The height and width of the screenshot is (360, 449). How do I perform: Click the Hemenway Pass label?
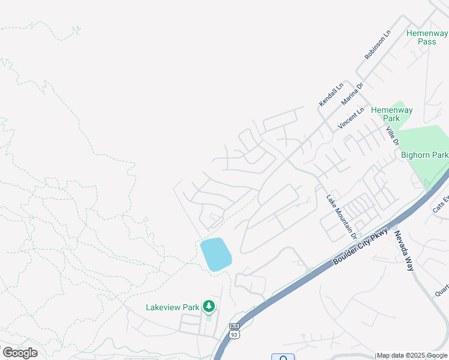[427, 37]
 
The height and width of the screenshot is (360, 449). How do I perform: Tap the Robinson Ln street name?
[378, 45]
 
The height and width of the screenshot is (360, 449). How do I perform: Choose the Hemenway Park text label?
[391, 114]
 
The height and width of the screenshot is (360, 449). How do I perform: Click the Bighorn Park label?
[424, 155]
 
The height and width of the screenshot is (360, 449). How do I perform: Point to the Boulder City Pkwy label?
[361, 246]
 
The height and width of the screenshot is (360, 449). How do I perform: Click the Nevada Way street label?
[404, 250]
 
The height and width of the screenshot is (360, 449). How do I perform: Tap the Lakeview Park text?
[172, 307]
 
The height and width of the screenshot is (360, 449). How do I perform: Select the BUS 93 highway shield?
[234, 331]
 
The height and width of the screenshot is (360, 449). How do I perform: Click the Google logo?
[20, 353]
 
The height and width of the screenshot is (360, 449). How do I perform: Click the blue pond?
[215, 254]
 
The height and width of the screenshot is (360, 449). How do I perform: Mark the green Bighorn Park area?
[426, 141]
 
